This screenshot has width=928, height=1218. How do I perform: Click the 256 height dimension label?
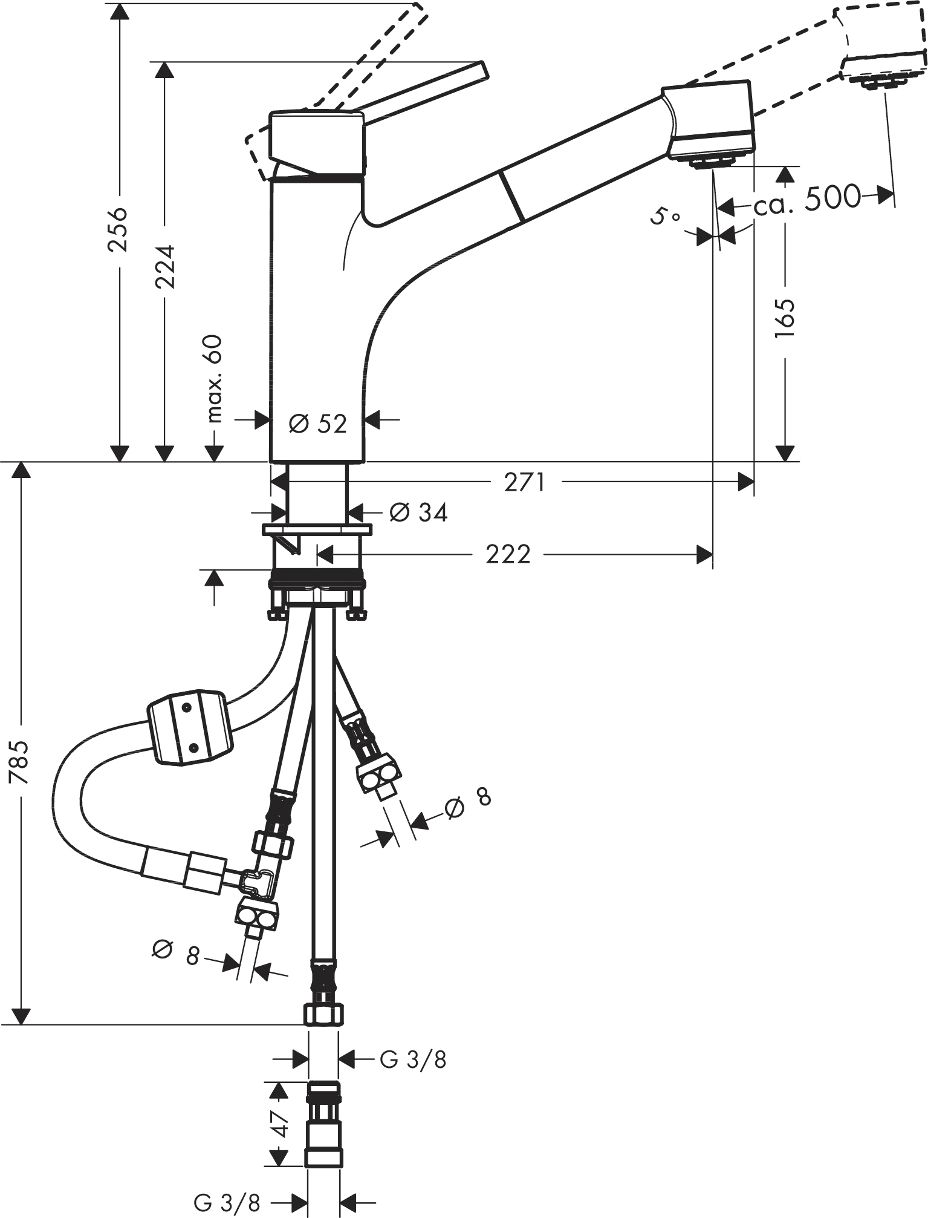click(117, 229)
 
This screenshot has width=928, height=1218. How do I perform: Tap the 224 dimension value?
click(164, 266)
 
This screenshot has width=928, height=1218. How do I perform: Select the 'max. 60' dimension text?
click(214, 379)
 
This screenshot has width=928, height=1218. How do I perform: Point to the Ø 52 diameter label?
click(318, 424)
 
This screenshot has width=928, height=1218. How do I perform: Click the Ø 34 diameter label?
click(418, 512)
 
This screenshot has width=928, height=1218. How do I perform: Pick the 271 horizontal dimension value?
click(525, 482)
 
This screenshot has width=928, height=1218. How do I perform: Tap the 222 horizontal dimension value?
click(508, 554)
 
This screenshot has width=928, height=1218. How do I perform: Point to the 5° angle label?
click(665, 215)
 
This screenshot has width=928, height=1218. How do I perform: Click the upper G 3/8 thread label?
click(413, 1059)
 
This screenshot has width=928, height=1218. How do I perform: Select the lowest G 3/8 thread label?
click(227, 1202)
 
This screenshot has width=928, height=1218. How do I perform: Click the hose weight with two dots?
click(189, 727)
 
